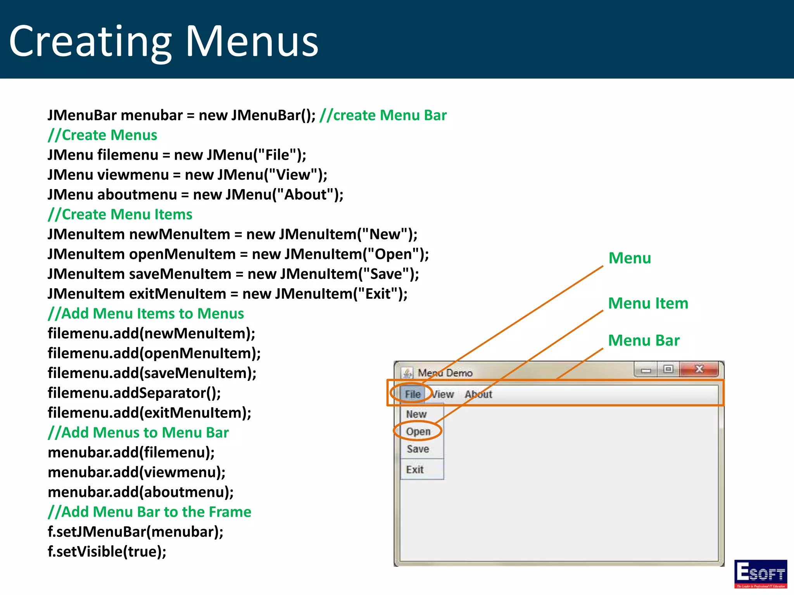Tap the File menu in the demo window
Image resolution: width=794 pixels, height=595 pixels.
click(413, 394)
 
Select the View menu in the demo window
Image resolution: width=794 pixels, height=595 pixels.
click(442, 394)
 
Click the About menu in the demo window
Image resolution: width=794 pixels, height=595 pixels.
click(478, 394)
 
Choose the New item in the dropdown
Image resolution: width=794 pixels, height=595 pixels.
click(416, 414)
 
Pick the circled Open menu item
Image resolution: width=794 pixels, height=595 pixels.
click(418, 431)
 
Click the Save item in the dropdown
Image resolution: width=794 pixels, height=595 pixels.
click(418, 449)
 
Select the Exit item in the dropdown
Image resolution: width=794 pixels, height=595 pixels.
click(415, 469)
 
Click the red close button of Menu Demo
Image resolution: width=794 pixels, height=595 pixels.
click(699, 369)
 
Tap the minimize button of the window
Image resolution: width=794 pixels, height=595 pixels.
click(646, 370)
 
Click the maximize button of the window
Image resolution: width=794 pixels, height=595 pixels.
click(668, 369)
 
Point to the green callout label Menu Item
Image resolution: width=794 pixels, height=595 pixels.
click(648, 303)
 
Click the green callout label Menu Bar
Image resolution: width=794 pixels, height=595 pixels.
click(644, 340)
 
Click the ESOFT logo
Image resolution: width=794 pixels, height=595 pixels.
click(760, 574)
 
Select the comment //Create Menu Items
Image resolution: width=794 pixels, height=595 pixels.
click(120, 214)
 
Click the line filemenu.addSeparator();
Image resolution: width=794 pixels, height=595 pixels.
click(134, 393)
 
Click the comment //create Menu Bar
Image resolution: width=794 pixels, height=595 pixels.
click(383, 115)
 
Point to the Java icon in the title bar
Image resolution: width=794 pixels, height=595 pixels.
click(407, 373)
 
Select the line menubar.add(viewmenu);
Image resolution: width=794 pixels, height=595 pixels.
click(136, 472)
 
